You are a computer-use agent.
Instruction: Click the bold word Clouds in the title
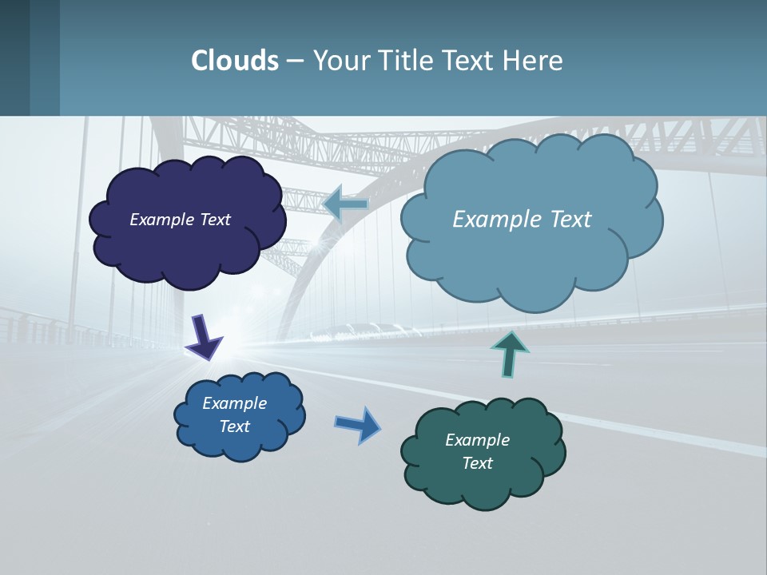pyautogui.click(x=235, y=61)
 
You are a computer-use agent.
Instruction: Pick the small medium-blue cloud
pyautogui.click(x=240, y=443)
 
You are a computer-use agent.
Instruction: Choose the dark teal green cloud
pyautogui.click(x=479, y=487)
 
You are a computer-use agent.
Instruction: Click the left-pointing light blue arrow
pyautogui.click(x=346, y=204)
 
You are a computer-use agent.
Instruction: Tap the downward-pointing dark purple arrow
pyautogui.click(x=204, y=337)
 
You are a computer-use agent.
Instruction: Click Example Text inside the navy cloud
pyautogui.click(x=180, y=220)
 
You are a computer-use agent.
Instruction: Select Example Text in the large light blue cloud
pyautogui.click(x=522, y=220)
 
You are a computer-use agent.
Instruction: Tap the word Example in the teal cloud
pyautogui.click(x=477, y=440)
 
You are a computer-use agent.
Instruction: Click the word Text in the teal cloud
pyautogui.click(x=477, y=463)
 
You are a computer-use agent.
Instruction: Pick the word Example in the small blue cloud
pyautogui.click(x=234, y=403)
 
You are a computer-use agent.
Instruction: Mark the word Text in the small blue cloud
pyautogui.click(x=234, y=426)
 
